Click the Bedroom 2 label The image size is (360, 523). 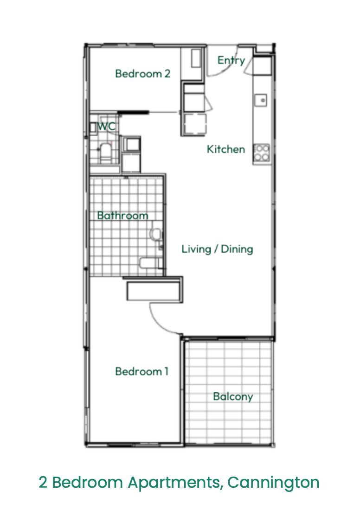(x=142, y=73)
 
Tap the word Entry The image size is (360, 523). (x=231, y=60)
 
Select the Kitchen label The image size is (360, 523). (x=226, y=149)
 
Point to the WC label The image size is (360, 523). (x=107, y=127)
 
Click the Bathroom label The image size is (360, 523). (x=123, y=216)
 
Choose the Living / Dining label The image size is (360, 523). (x=217, y=249)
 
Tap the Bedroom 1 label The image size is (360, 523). (x=142, y=371)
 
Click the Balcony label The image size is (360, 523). (x=233, y=396)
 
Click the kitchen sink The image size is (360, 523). (x=261, y=100)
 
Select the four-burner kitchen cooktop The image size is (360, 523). (x=261, y=153)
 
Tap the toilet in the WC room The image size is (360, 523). (x=106, y=153)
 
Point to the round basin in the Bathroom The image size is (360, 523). (x=155, y=234)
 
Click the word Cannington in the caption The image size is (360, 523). (x=274, y=482)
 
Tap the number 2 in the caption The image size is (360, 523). (x=43, y=482)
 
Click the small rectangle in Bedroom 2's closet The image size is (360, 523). (x=196, y=58)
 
